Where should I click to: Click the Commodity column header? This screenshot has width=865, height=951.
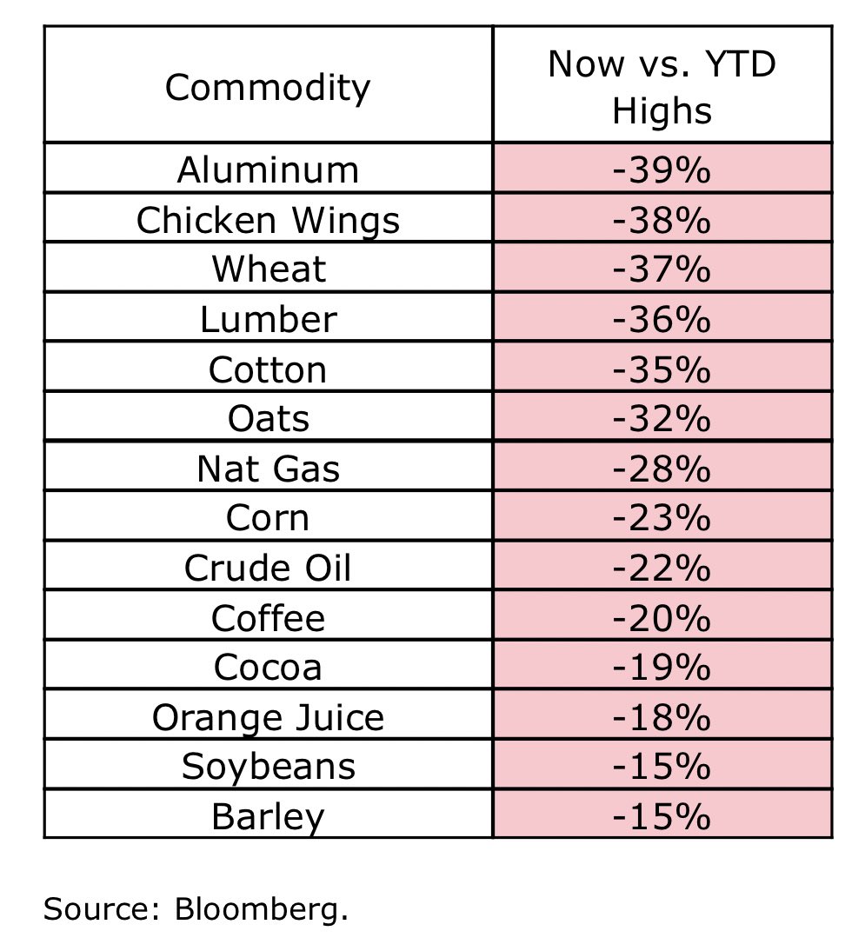(x=268, y=87)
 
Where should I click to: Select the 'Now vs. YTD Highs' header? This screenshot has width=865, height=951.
(x=662, y=88)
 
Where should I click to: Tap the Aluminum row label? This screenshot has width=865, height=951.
(x=268, y=170)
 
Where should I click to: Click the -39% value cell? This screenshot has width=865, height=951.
(x=662, y=170)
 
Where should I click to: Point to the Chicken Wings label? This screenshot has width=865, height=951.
(x=268, y=220)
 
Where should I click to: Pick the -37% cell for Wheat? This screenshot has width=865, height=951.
(x=662, y=269)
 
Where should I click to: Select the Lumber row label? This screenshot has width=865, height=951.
(x=268, y=319)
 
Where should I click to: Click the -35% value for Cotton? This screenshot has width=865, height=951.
(x=662, y=369)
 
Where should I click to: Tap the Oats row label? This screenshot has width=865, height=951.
(x=268, y=419)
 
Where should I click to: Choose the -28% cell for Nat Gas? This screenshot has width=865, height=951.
(x=662, y=469)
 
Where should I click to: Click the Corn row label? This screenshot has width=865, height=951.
(x=268, y=518)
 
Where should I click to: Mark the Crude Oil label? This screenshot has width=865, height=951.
(x=268, y=569)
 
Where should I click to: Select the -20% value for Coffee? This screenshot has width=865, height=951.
(x=662, y=618)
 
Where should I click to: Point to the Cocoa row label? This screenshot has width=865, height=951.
(x=268, y=668)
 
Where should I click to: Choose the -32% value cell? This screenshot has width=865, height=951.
(x=662, y=419)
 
